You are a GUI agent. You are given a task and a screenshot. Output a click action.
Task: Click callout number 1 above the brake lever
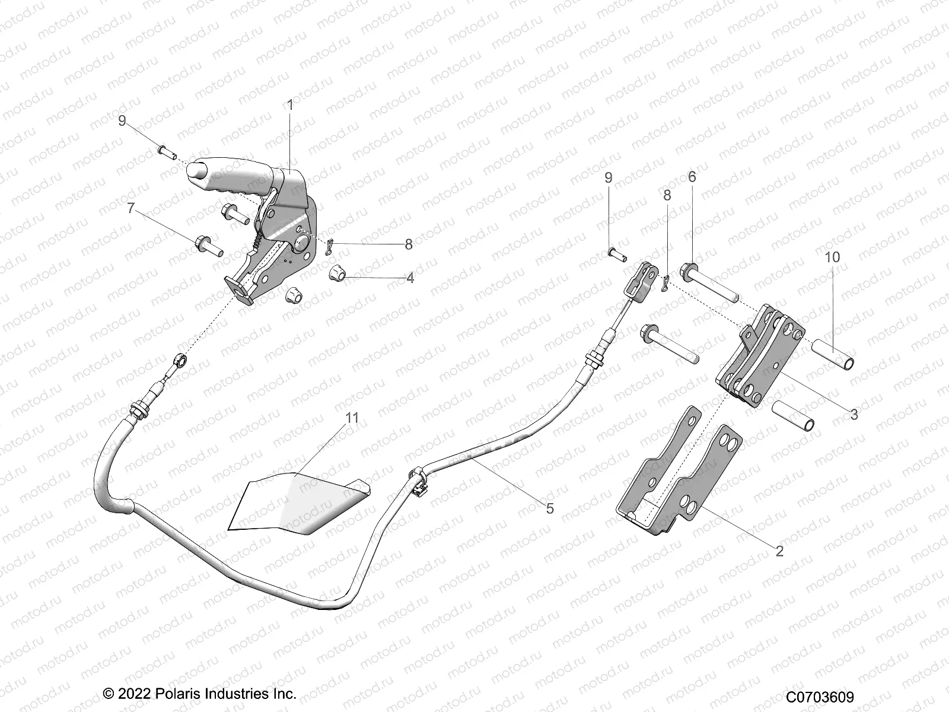tap(290, 105)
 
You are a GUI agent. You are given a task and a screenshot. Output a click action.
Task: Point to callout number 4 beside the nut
tap(410, 277)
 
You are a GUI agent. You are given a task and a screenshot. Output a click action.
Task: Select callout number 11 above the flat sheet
tap(352, 418)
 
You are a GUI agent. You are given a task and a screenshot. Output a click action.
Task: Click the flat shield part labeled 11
tap(297, 498)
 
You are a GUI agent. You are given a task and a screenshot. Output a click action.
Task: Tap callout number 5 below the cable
tap(550, 508)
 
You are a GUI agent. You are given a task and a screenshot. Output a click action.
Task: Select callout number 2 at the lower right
tap(779, 551)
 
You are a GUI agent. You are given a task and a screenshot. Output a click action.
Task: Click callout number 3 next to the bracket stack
tap(854, 415)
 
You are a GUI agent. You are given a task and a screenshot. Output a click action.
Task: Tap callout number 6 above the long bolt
tap(692, 177)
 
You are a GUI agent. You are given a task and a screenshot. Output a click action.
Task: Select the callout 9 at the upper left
tap(122, 121)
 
